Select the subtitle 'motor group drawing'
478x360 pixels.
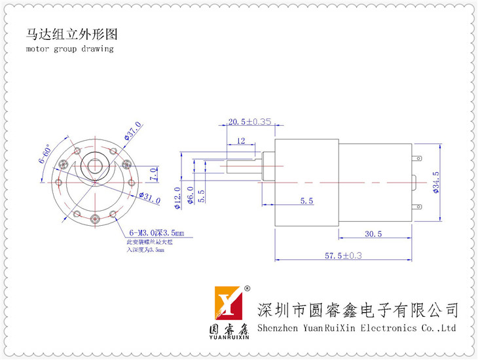point(70,48)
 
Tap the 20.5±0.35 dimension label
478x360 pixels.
point(249,122)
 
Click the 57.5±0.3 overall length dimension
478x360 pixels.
point(340,255)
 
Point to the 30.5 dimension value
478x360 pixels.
point(373,234)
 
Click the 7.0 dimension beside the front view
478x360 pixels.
point(153,174)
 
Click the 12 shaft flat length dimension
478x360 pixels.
point(241,141)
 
